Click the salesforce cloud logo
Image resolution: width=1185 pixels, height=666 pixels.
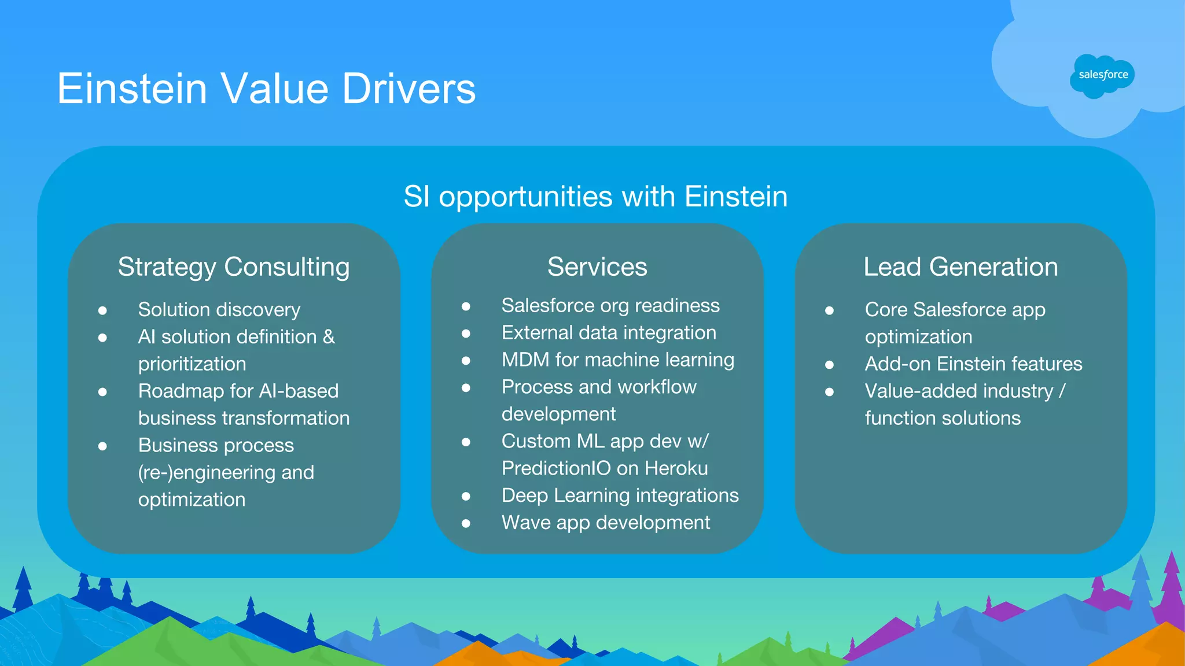(1102, 75)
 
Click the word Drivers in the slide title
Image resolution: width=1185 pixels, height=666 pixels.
(409, 89)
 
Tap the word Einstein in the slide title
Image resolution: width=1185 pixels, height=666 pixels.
(132, 89)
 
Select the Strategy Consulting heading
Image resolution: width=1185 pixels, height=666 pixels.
(234, 267)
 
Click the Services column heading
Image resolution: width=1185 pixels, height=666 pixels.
(597, 267)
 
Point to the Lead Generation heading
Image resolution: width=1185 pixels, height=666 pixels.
(960, 267)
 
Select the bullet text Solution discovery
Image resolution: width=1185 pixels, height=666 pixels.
(219, 310)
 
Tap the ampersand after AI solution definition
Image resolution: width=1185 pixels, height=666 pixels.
(329, 336)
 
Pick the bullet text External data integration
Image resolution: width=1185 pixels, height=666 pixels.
(609, 333)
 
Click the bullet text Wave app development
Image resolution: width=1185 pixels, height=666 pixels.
(605, 523)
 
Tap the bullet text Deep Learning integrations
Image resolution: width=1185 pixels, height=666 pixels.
(620, 495)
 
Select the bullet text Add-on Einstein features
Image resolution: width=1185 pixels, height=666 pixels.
(973, 364)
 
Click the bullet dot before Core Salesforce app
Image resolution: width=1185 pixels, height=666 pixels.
(829, 310)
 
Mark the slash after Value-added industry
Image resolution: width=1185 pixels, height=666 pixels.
(1062, 391)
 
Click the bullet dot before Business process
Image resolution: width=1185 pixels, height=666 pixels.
(102, 446)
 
